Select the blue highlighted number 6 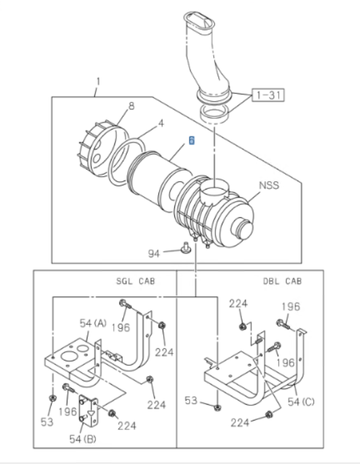191,140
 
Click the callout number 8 132,105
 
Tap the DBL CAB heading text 282,281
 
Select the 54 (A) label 92,323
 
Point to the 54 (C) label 301,401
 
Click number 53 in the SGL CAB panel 47,422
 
